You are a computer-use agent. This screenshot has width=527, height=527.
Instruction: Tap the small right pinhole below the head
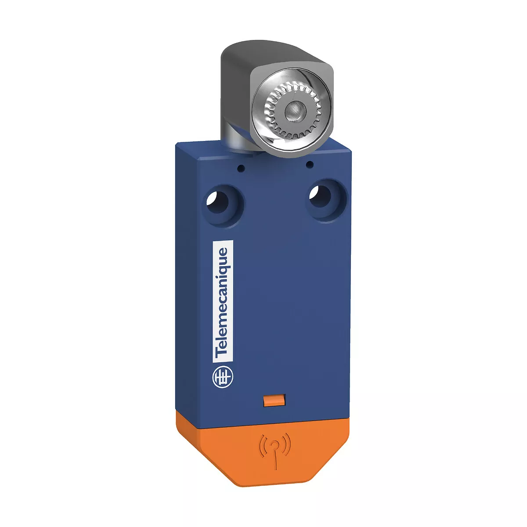310,164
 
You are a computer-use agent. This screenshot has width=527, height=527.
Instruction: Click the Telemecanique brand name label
223,302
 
